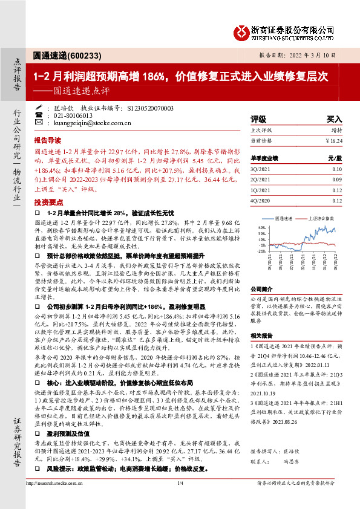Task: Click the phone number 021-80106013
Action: [73, 115]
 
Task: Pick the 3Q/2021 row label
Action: [260, 169]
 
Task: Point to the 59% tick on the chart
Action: [262, 227]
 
